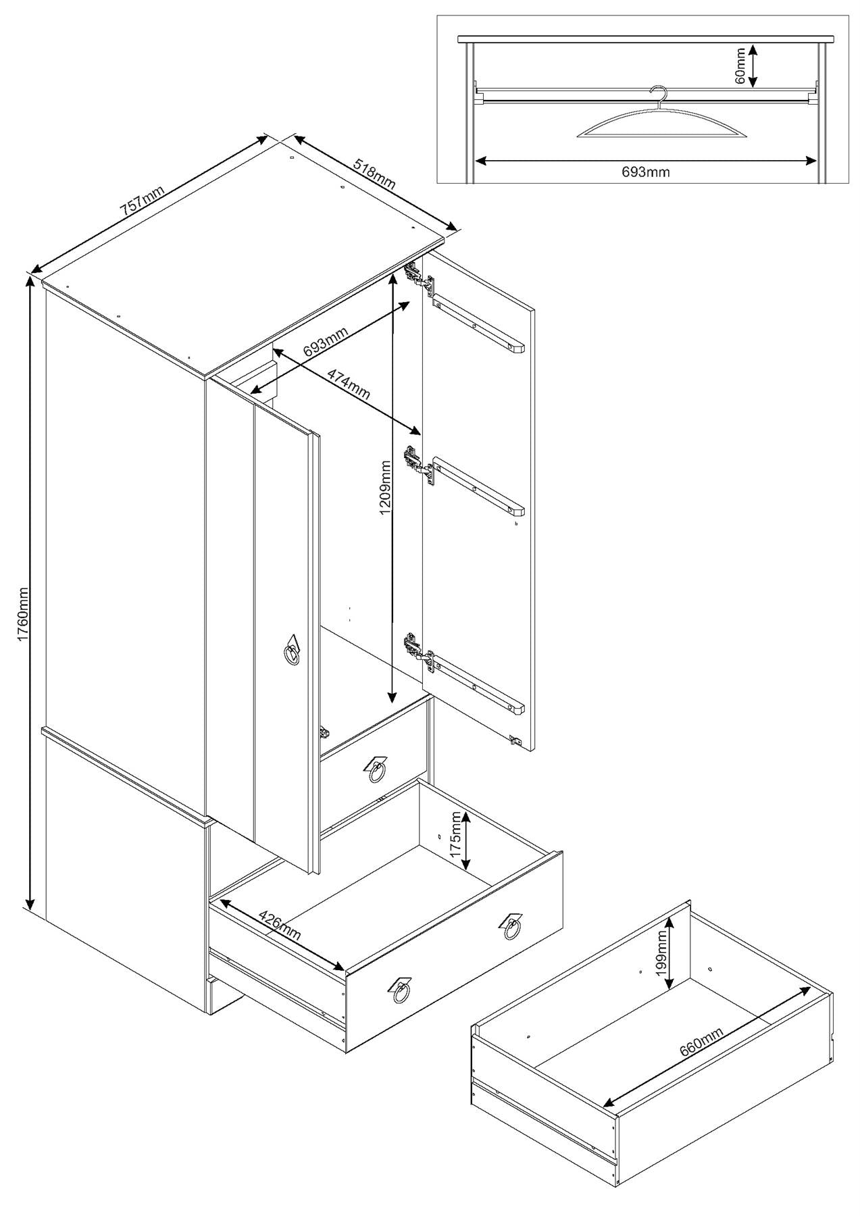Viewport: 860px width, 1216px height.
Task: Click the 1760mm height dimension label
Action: point(22,614)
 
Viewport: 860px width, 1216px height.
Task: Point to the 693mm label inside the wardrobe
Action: point(326,342)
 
